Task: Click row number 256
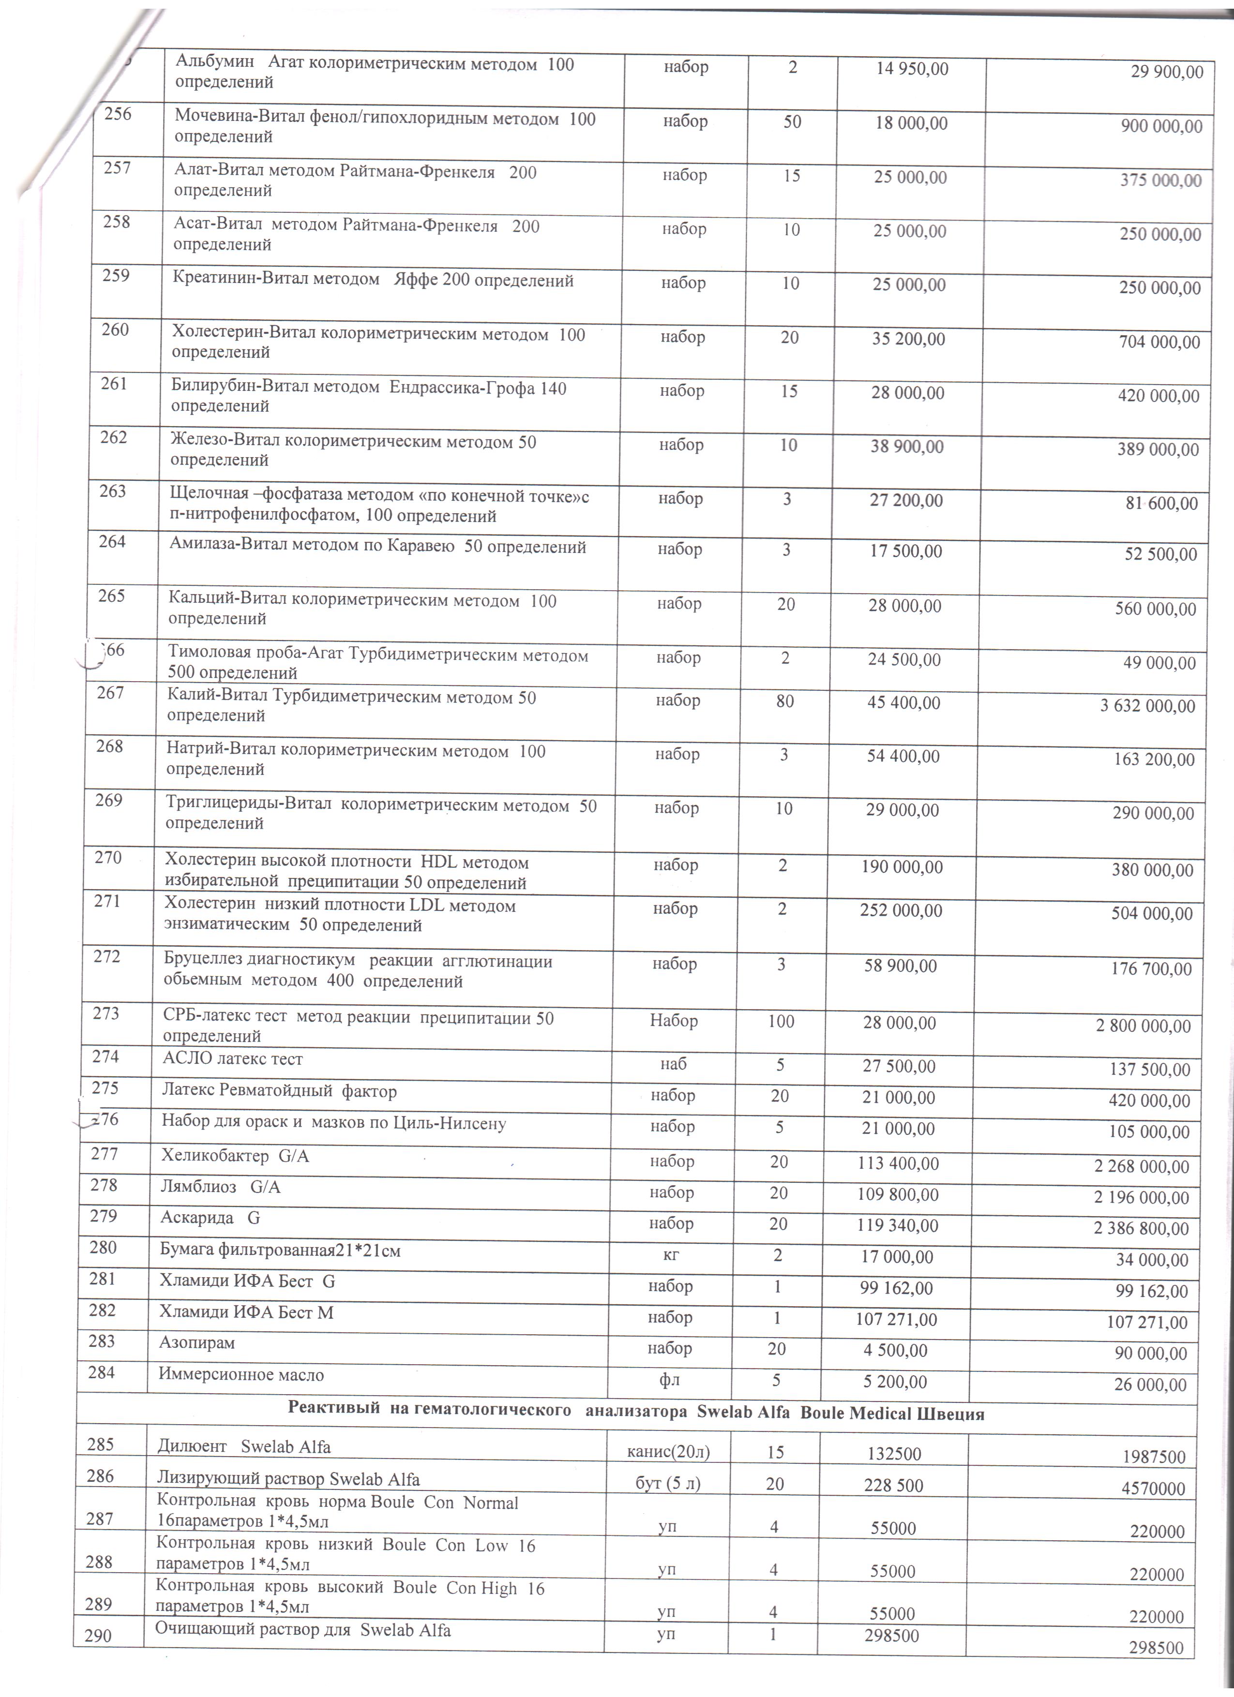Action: coord(118,114)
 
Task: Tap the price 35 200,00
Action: coord(908,339)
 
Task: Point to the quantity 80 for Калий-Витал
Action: coord(785,701)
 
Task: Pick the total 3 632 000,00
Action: coord(1147,706)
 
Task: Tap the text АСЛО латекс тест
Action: coord(233,1059)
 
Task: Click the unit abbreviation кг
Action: coord(671,1255)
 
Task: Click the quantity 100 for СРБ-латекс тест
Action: coord(781,1021)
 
